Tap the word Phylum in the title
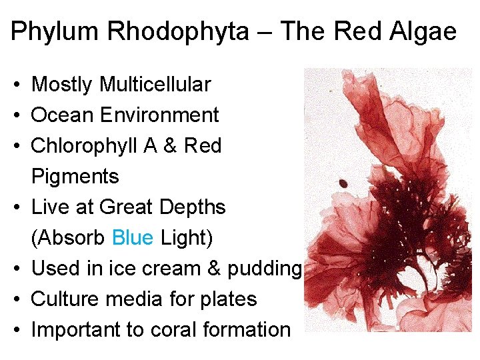(x=51, y=31)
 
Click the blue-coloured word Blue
(x=133, y=238)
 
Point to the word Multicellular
(x=155, y=85)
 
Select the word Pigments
(x=75, y=177)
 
